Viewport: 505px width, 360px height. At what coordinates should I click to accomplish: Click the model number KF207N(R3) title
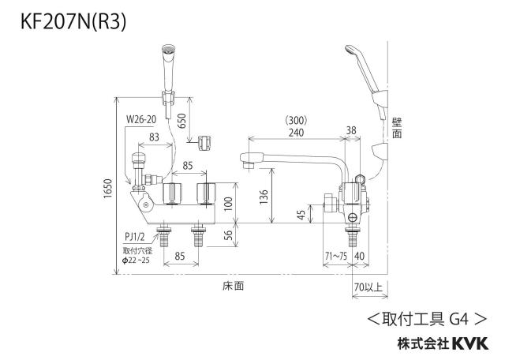(x=73, y=22)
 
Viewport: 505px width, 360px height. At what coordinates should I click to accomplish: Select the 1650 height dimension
(x=107, y=189)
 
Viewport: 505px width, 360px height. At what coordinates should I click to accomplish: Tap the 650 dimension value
(x=182, y=121)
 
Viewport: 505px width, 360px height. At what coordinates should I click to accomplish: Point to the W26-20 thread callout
(x=141, y=119)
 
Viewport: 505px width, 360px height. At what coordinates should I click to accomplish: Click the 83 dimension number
(x=155, y=137)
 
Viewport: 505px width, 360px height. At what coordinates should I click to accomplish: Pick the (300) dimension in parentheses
(x=297, y=121)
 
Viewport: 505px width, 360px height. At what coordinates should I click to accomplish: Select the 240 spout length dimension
(x=297, y=133)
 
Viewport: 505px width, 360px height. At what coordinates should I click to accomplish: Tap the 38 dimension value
(x=351, y=130)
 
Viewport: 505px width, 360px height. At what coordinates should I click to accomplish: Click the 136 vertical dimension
(x=264, y=197)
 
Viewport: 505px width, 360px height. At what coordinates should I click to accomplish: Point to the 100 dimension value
(x=228, y=204)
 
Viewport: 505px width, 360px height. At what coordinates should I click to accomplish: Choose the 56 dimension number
(x=228, y=235)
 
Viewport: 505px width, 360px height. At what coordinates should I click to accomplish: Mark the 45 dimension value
(x=301, y=215)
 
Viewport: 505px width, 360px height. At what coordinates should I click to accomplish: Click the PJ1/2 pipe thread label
(x=135, y=237)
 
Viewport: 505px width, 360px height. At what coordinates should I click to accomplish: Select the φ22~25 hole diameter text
(x=136, y=261)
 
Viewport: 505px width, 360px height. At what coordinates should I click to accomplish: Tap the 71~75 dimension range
(x=336, y=257)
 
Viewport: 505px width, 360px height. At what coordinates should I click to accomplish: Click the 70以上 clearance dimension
(x=368, y=287)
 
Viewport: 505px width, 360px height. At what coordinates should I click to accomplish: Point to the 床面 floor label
(x=234, y=286)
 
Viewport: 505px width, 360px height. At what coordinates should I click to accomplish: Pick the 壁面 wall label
(x=397, y=128)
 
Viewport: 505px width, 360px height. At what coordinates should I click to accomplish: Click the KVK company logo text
(x=470, y=343)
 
